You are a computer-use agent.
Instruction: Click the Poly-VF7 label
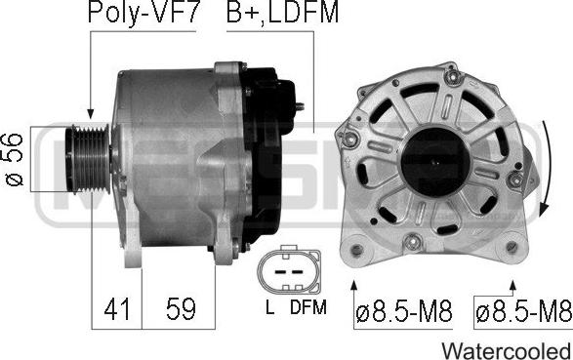[143, 13]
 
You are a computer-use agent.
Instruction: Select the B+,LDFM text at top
[282, 13]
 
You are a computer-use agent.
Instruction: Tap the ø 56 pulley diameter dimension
[14, 160]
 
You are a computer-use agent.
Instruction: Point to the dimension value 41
[116, 309]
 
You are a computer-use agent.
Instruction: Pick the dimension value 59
[181, 309]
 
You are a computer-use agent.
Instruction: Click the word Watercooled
[507, 351]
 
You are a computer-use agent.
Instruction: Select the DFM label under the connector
[308, 307]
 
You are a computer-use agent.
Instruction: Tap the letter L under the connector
[270, 307]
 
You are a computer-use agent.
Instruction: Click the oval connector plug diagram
[289, 270]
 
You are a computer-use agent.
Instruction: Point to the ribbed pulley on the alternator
[88, 159]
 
